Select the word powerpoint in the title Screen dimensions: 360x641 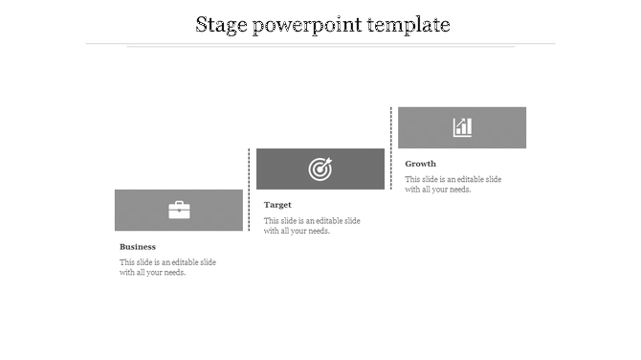click(306, 25)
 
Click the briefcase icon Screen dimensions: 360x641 click(179, 210)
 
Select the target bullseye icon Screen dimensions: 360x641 click(320, 169)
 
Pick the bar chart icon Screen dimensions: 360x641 click(462, 127)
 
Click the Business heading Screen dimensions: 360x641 click(138, 247)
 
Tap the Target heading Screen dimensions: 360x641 click(277, 205)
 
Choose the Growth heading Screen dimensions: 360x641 click(420, 164)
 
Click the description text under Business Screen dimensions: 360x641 click(167, 267)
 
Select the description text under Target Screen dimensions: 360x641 click(312, 226)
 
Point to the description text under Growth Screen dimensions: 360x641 click(453, 184)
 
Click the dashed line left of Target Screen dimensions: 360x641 click(250, 190)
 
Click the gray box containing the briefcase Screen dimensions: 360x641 click(139, 210)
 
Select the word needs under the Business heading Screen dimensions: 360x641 click(170, 273)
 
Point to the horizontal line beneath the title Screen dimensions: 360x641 click(320, 44)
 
